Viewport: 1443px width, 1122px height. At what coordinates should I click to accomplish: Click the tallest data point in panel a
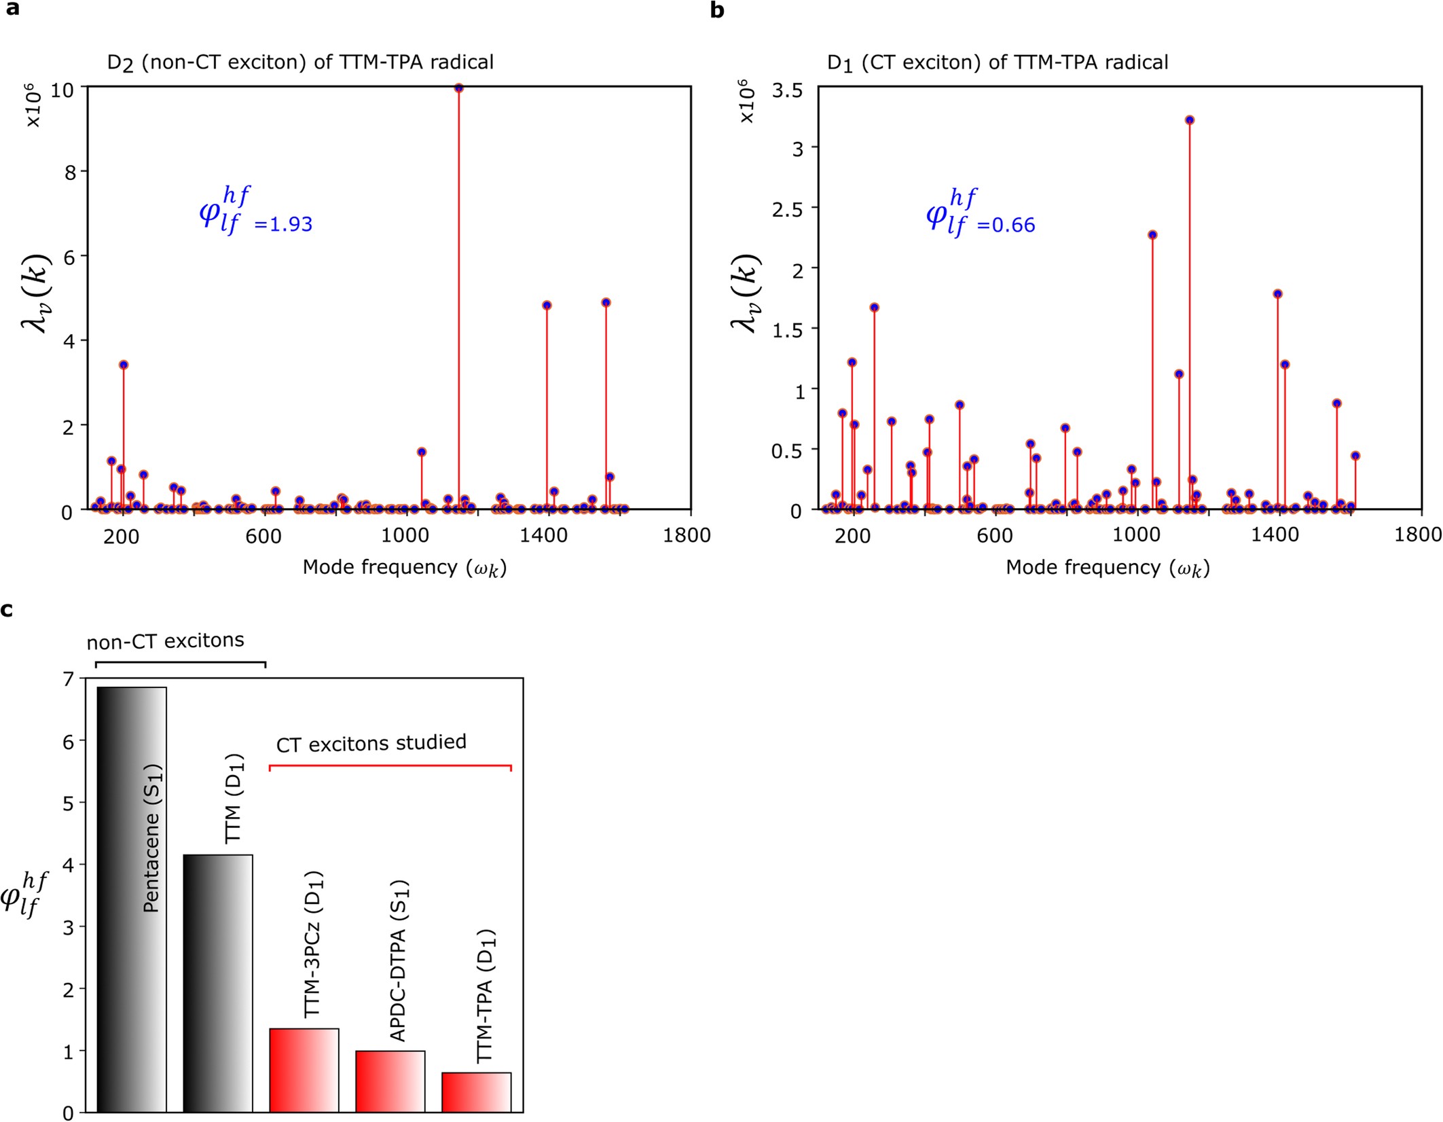pos(458,88)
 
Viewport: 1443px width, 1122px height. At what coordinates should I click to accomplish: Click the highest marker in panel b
pos(1189,120)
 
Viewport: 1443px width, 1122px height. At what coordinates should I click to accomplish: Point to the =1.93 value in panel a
pos(284,224)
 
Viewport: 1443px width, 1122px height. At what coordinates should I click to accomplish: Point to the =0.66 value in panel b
pos(1006,225)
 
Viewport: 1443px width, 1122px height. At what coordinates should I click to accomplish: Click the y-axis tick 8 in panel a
pos(70,172)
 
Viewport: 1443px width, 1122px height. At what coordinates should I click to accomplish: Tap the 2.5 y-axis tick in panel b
pos(787,209)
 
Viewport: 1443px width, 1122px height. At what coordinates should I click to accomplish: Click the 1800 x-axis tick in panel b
pos(1417,535)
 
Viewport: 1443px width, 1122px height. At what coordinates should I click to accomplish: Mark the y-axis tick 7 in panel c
pos(68,678)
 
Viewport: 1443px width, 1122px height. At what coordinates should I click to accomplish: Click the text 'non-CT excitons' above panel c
pos(165,640)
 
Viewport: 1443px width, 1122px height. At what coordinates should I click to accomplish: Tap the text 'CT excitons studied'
pos(371,743)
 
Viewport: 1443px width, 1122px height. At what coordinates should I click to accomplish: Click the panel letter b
pos(716,10)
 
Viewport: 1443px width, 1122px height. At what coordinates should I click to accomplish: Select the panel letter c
pos(7,609)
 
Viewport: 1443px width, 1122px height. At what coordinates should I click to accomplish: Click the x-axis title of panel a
pos(405,567)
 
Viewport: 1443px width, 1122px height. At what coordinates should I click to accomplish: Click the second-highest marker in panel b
pos(1152,235)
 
